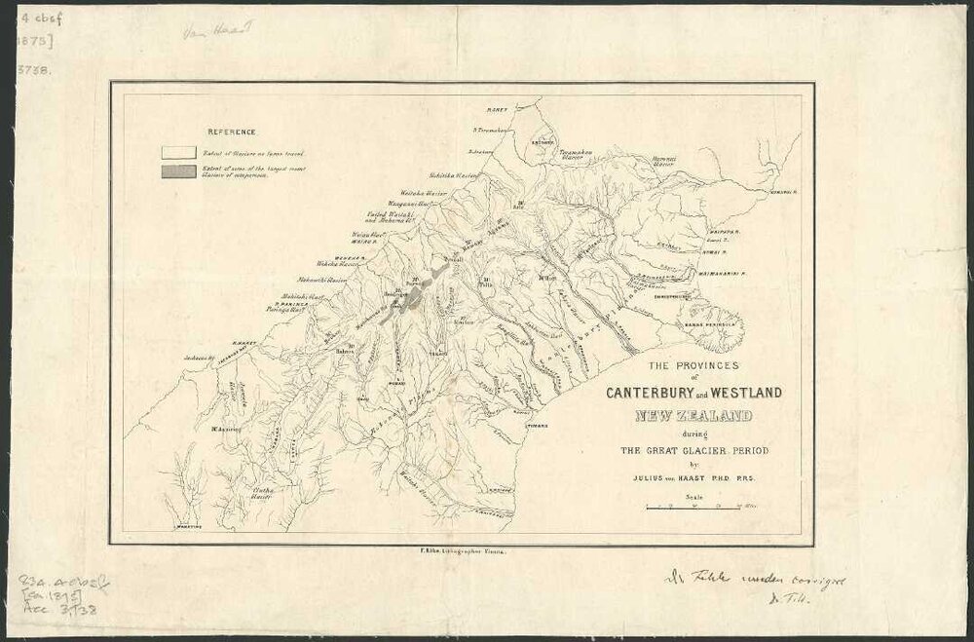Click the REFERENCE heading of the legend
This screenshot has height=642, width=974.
(230, 131)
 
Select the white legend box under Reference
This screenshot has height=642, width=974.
(179, 152)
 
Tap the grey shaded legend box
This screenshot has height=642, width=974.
(179, 171)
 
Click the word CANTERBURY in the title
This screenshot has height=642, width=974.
(651, 394)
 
